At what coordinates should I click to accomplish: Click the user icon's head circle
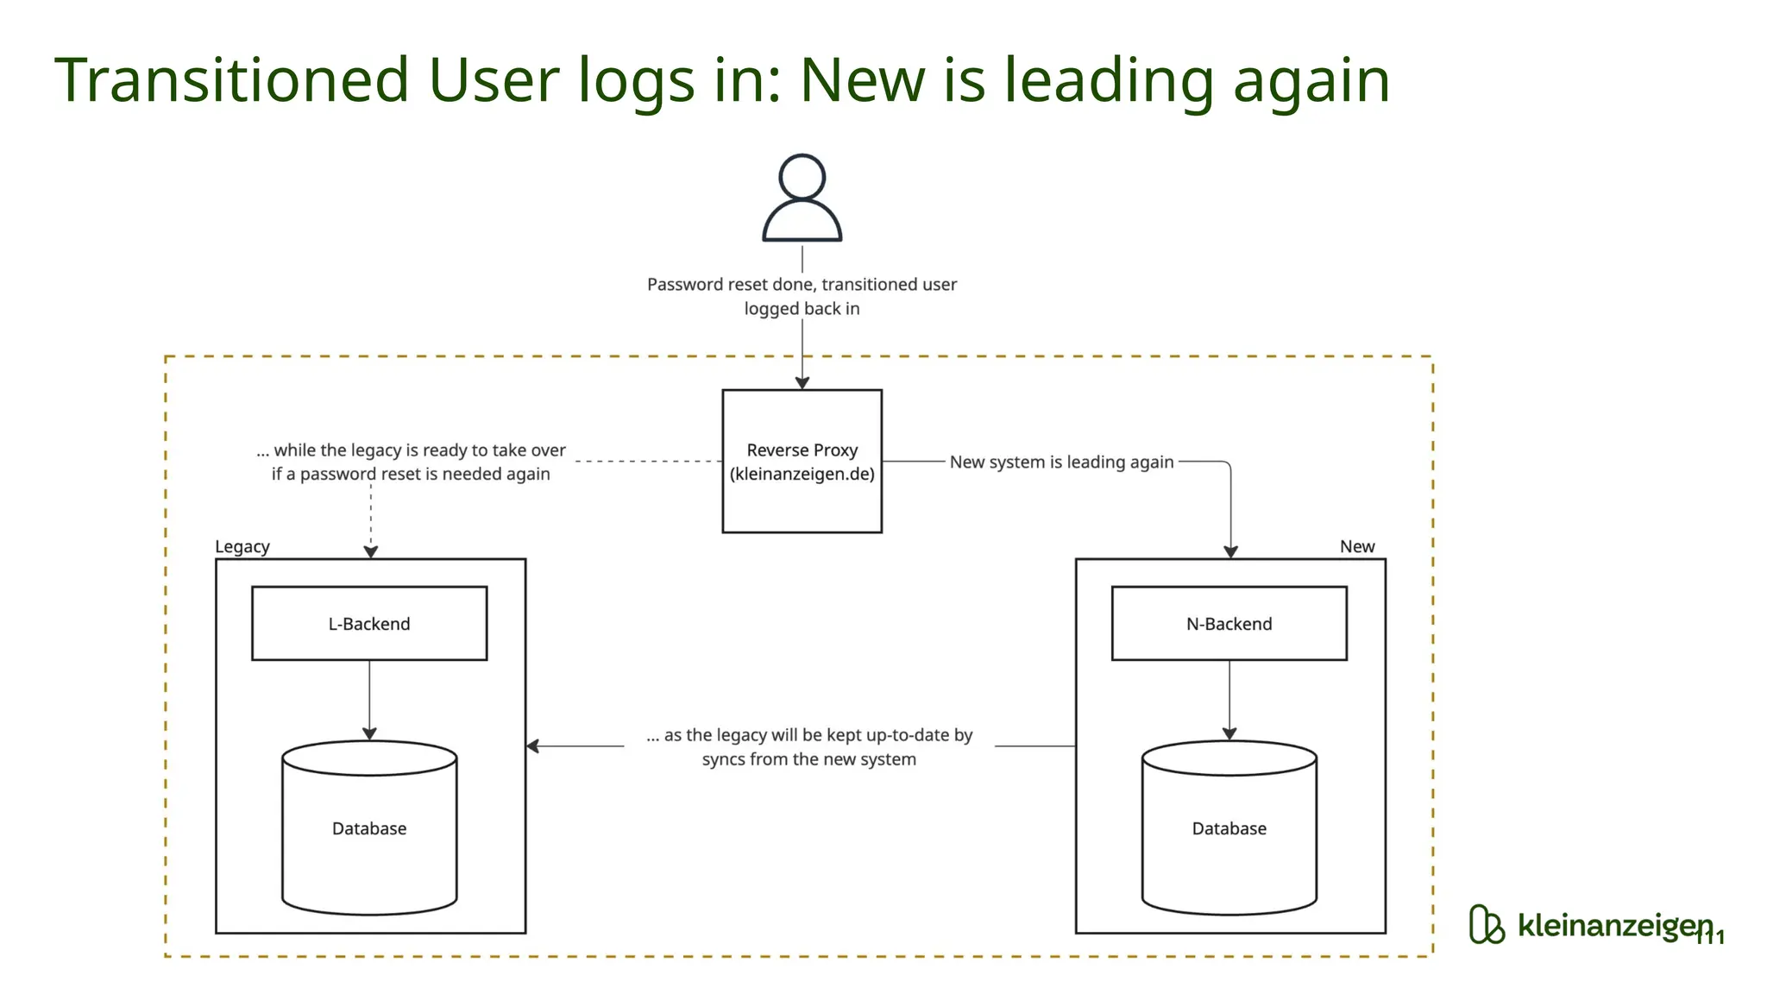click(802, 177)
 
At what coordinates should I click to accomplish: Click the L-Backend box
click(369, 624)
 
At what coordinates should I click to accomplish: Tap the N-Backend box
click(1229, 624)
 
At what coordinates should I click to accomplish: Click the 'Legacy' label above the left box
click(242, 547)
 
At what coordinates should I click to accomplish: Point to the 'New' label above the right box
click(1356, 547)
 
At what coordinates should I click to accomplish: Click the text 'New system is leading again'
click(1061, 462)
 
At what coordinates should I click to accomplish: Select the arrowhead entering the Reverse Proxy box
click(802, 383)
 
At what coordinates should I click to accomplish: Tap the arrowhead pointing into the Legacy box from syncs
click(533, 745)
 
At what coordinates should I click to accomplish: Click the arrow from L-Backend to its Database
click(369, 699)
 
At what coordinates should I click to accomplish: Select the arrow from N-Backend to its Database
click(1229, 699)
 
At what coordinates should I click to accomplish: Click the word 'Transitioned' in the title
click(231, 80)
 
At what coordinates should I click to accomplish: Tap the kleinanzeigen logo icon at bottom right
click(1486, 925)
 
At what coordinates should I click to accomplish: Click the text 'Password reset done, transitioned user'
click(802, 285)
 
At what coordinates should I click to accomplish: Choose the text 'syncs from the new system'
click(808, 760)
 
